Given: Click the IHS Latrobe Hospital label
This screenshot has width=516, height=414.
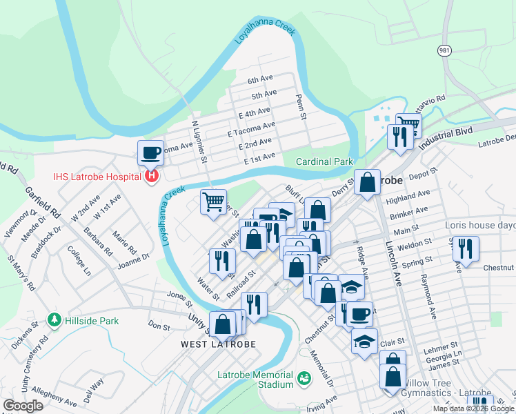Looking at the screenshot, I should pos(97,177).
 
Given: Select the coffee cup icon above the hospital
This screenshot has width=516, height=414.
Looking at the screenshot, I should pos(150,152).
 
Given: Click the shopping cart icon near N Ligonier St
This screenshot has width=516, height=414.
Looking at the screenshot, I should pos(214,202).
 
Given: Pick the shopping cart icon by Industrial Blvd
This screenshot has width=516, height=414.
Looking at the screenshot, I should pos(408,126).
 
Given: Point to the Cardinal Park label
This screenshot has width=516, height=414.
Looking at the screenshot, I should pos(324,161).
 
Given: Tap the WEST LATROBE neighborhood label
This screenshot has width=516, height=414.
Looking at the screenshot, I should pos(219,344).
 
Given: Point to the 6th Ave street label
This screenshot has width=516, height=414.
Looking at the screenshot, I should pos(261,81).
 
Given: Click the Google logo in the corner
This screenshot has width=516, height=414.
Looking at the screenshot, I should pos(23,406).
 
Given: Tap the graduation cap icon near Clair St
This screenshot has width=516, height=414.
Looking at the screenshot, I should pos(364,340).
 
